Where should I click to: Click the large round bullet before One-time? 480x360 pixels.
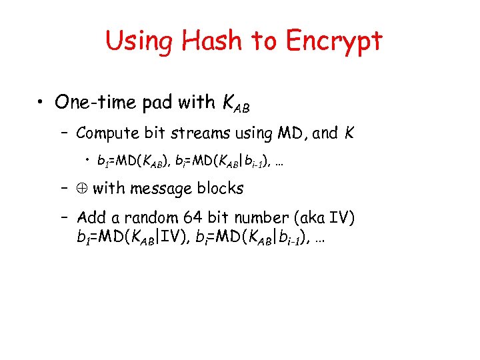(42, 103)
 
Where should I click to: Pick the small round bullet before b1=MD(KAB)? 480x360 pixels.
(88, 161)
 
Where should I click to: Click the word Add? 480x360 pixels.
(90, 217)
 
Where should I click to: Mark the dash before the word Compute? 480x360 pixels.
(65, 133)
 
